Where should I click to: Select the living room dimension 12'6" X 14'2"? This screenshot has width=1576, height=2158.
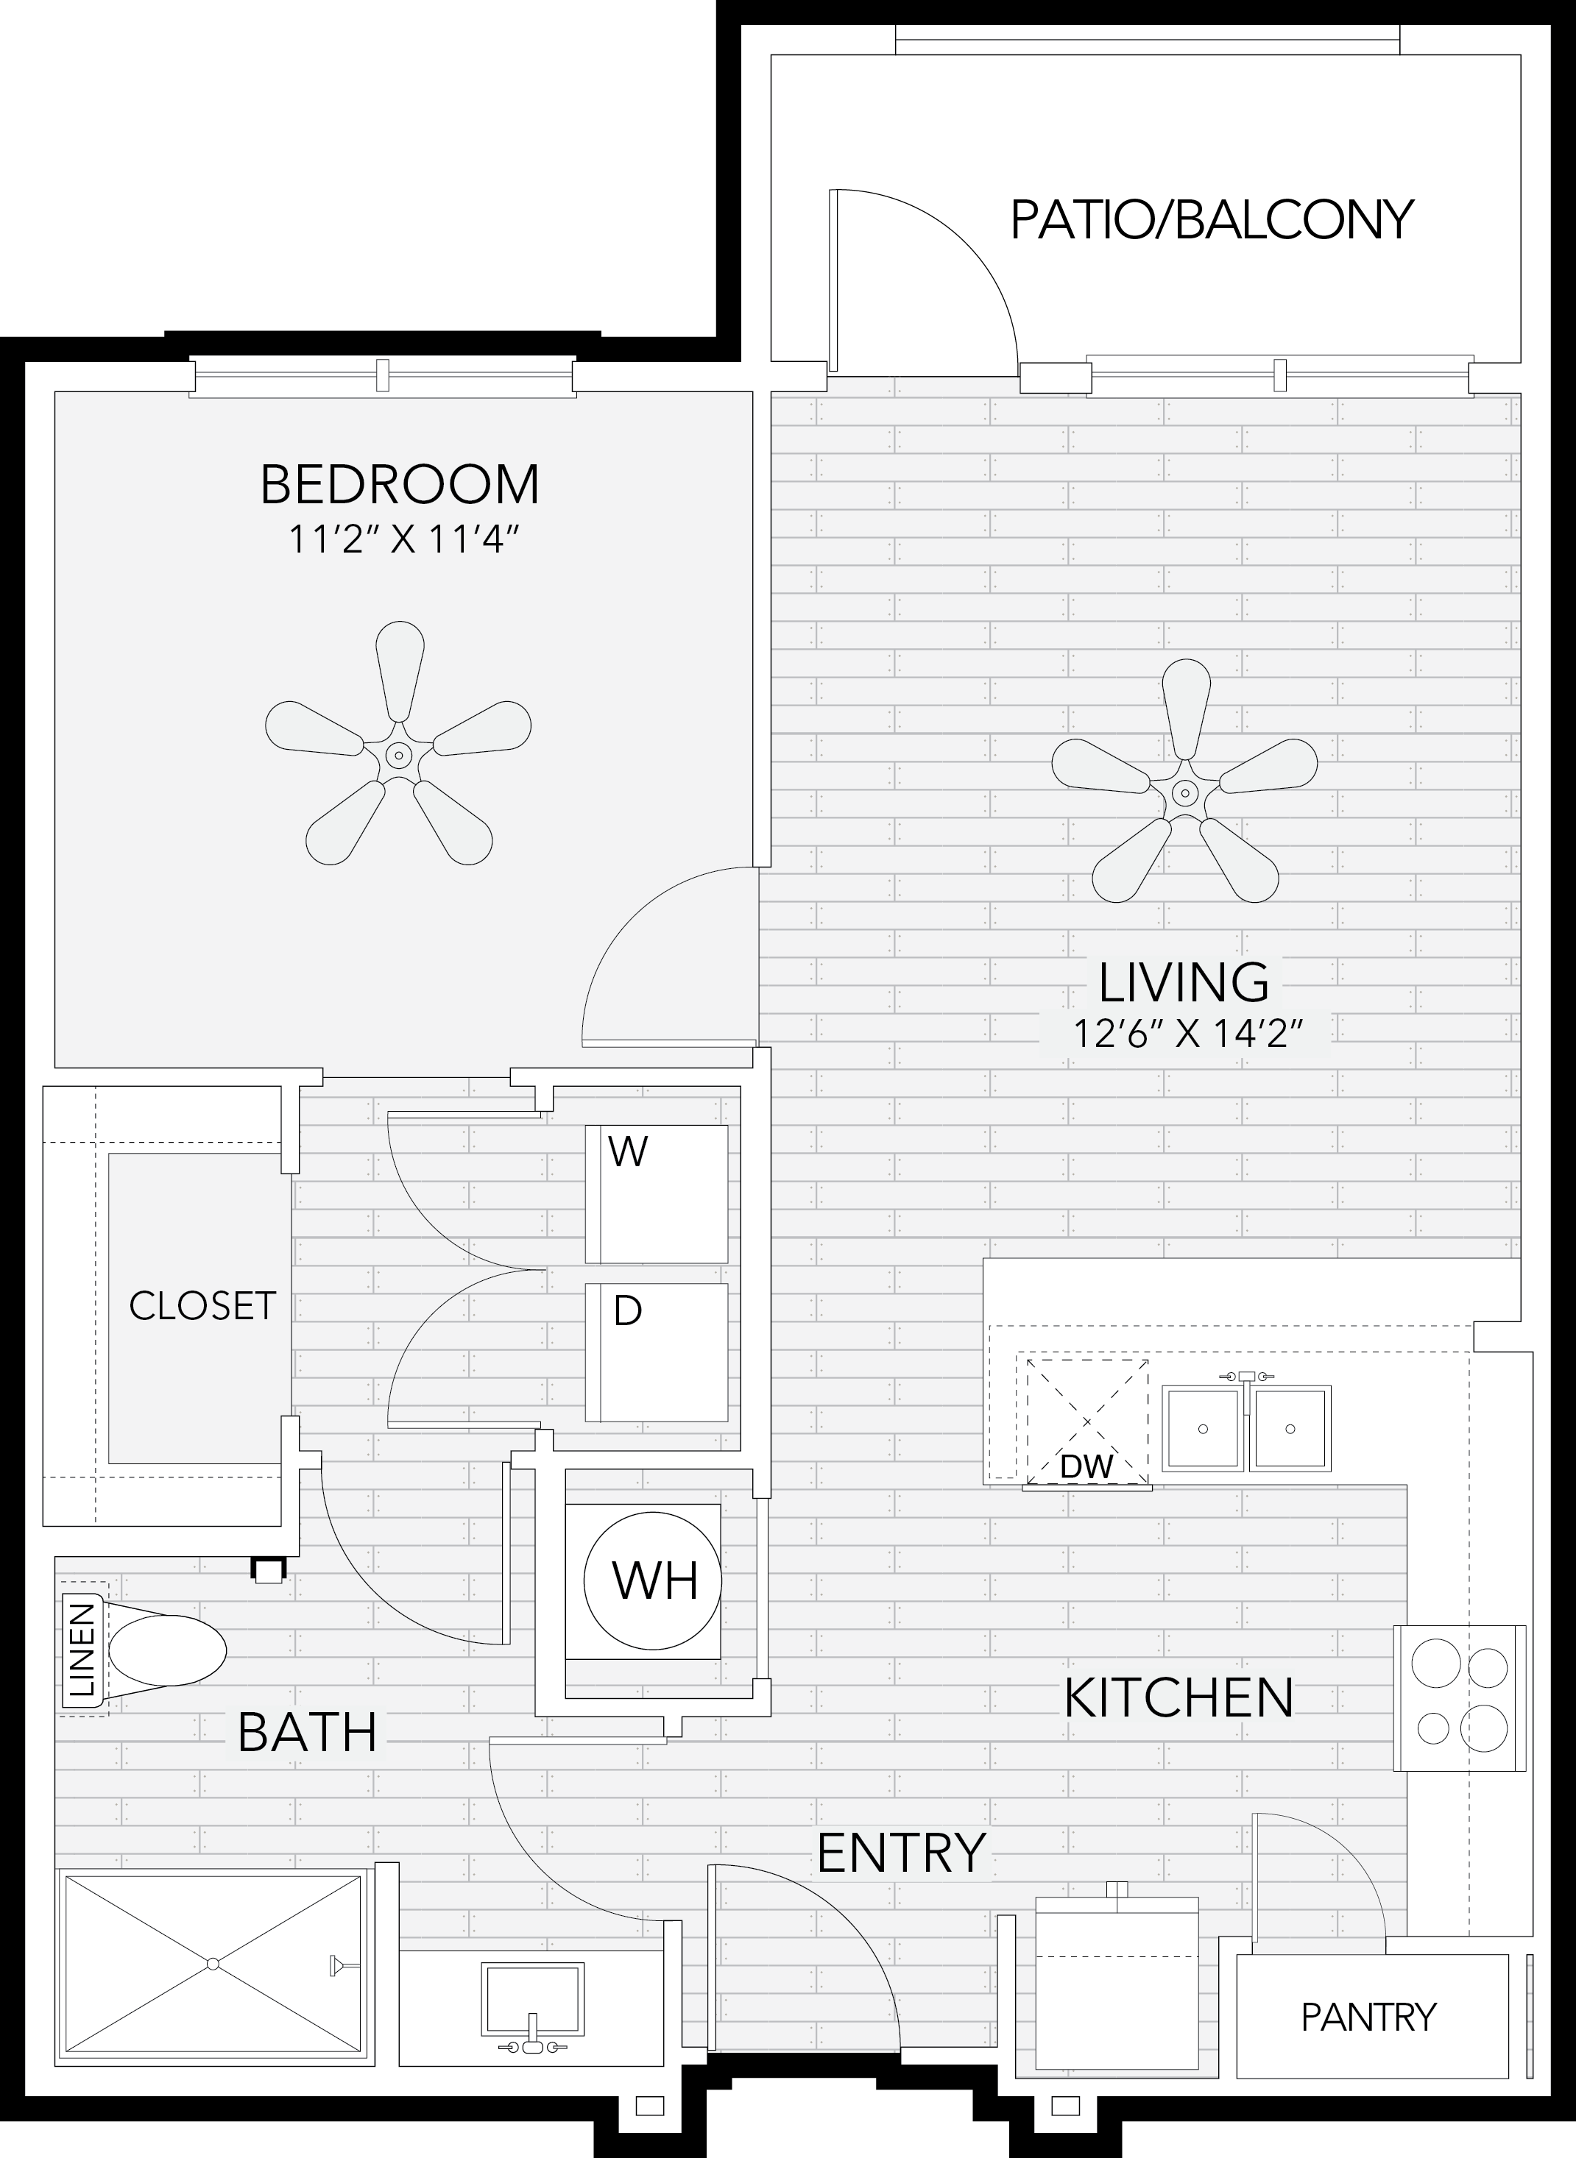point(1188,1033)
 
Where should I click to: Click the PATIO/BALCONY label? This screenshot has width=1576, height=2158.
point(1212,219)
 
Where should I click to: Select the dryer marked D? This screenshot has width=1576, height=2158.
point(657,1352)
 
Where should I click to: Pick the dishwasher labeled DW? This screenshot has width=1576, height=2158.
point(1086,1421)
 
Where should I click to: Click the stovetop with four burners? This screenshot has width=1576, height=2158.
point(1460,1698)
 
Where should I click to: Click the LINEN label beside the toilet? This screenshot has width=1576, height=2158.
point(84,1650)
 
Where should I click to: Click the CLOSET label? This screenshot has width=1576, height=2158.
point(202,1305)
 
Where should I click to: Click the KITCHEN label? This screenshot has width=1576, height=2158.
point(1179,1698)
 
